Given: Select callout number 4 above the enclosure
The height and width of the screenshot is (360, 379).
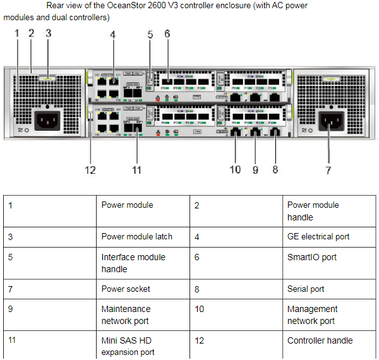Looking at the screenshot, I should (112, 35).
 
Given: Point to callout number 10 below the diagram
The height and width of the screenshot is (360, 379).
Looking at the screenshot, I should (235, 169).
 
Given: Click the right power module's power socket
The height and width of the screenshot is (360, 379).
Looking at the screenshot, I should (331, 120).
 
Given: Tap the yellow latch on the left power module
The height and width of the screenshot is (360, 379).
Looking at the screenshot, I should (46, 79).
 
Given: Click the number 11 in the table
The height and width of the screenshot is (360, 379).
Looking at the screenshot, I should (13, 340).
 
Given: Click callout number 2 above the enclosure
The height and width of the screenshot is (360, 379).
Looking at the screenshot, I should (30, 33).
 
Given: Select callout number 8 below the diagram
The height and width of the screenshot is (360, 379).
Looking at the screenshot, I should (275, 169).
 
